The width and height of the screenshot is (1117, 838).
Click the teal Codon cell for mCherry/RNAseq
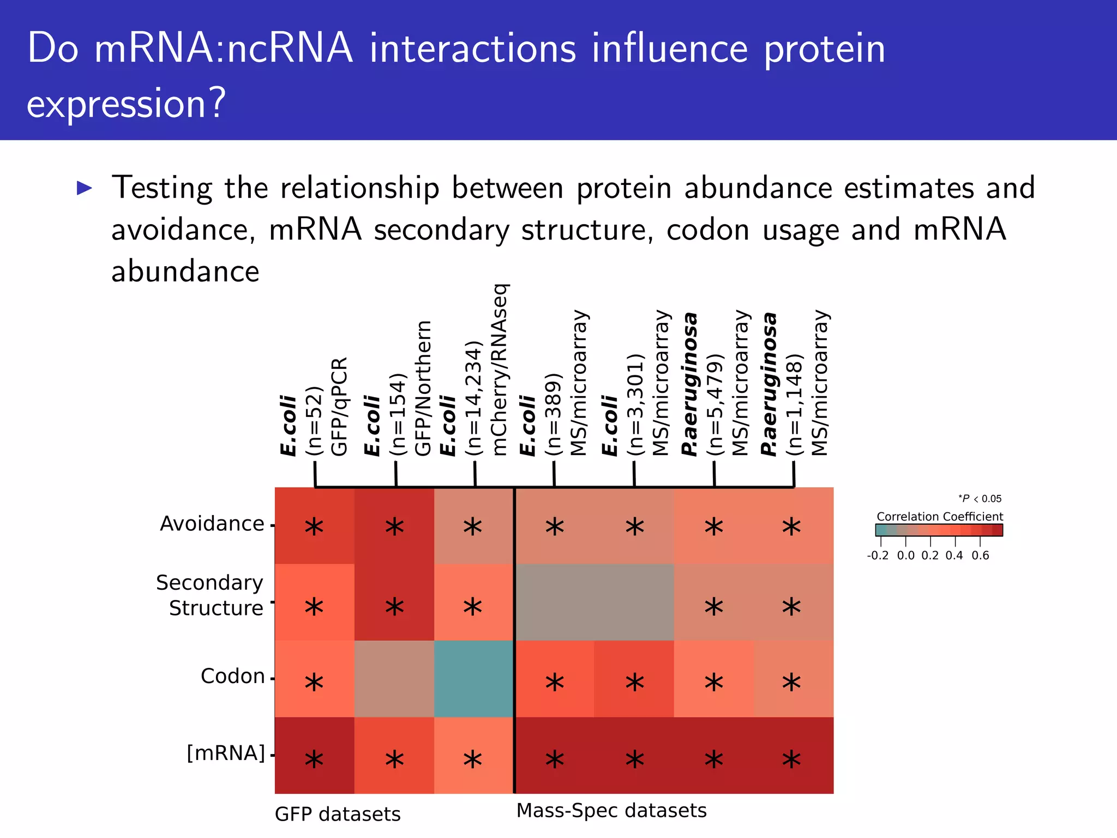click(474, 678)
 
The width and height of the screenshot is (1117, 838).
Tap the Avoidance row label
click(212, 524)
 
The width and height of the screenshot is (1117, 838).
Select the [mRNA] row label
click(225, 753)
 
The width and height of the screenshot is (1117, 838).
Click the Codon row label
click(232, 677)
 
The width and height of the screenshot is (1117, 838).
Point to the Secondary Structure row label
click(210, 595)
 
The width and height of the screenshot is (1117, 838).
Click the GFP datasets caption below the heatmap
click(338, 815)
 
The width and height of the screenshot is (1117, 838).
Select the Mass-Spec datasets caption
click(611, 811)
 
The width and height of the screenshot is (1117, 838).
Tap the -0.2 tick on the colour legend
click(878, 555)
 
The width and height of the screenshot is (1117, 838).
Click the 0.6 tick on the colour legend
click(980, 555)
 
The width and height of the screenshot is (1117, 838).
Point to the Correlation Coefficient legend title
click(940, 516)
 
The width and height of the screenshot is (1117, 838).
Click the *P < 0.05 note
click(980, 499)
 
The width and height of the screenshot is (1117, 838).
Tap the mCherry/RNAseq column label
click(500, 370)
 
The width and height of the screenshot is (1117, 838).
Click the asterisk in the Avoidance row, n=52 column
click(314, 527)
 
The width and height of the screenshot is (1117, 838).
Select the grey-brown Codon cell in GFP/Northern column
click(394, 678)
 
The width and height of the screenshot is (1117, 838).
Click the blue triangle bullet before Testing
click(85, 188)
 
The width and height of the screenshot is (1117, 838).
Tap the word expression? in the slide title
click(126, 104)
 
